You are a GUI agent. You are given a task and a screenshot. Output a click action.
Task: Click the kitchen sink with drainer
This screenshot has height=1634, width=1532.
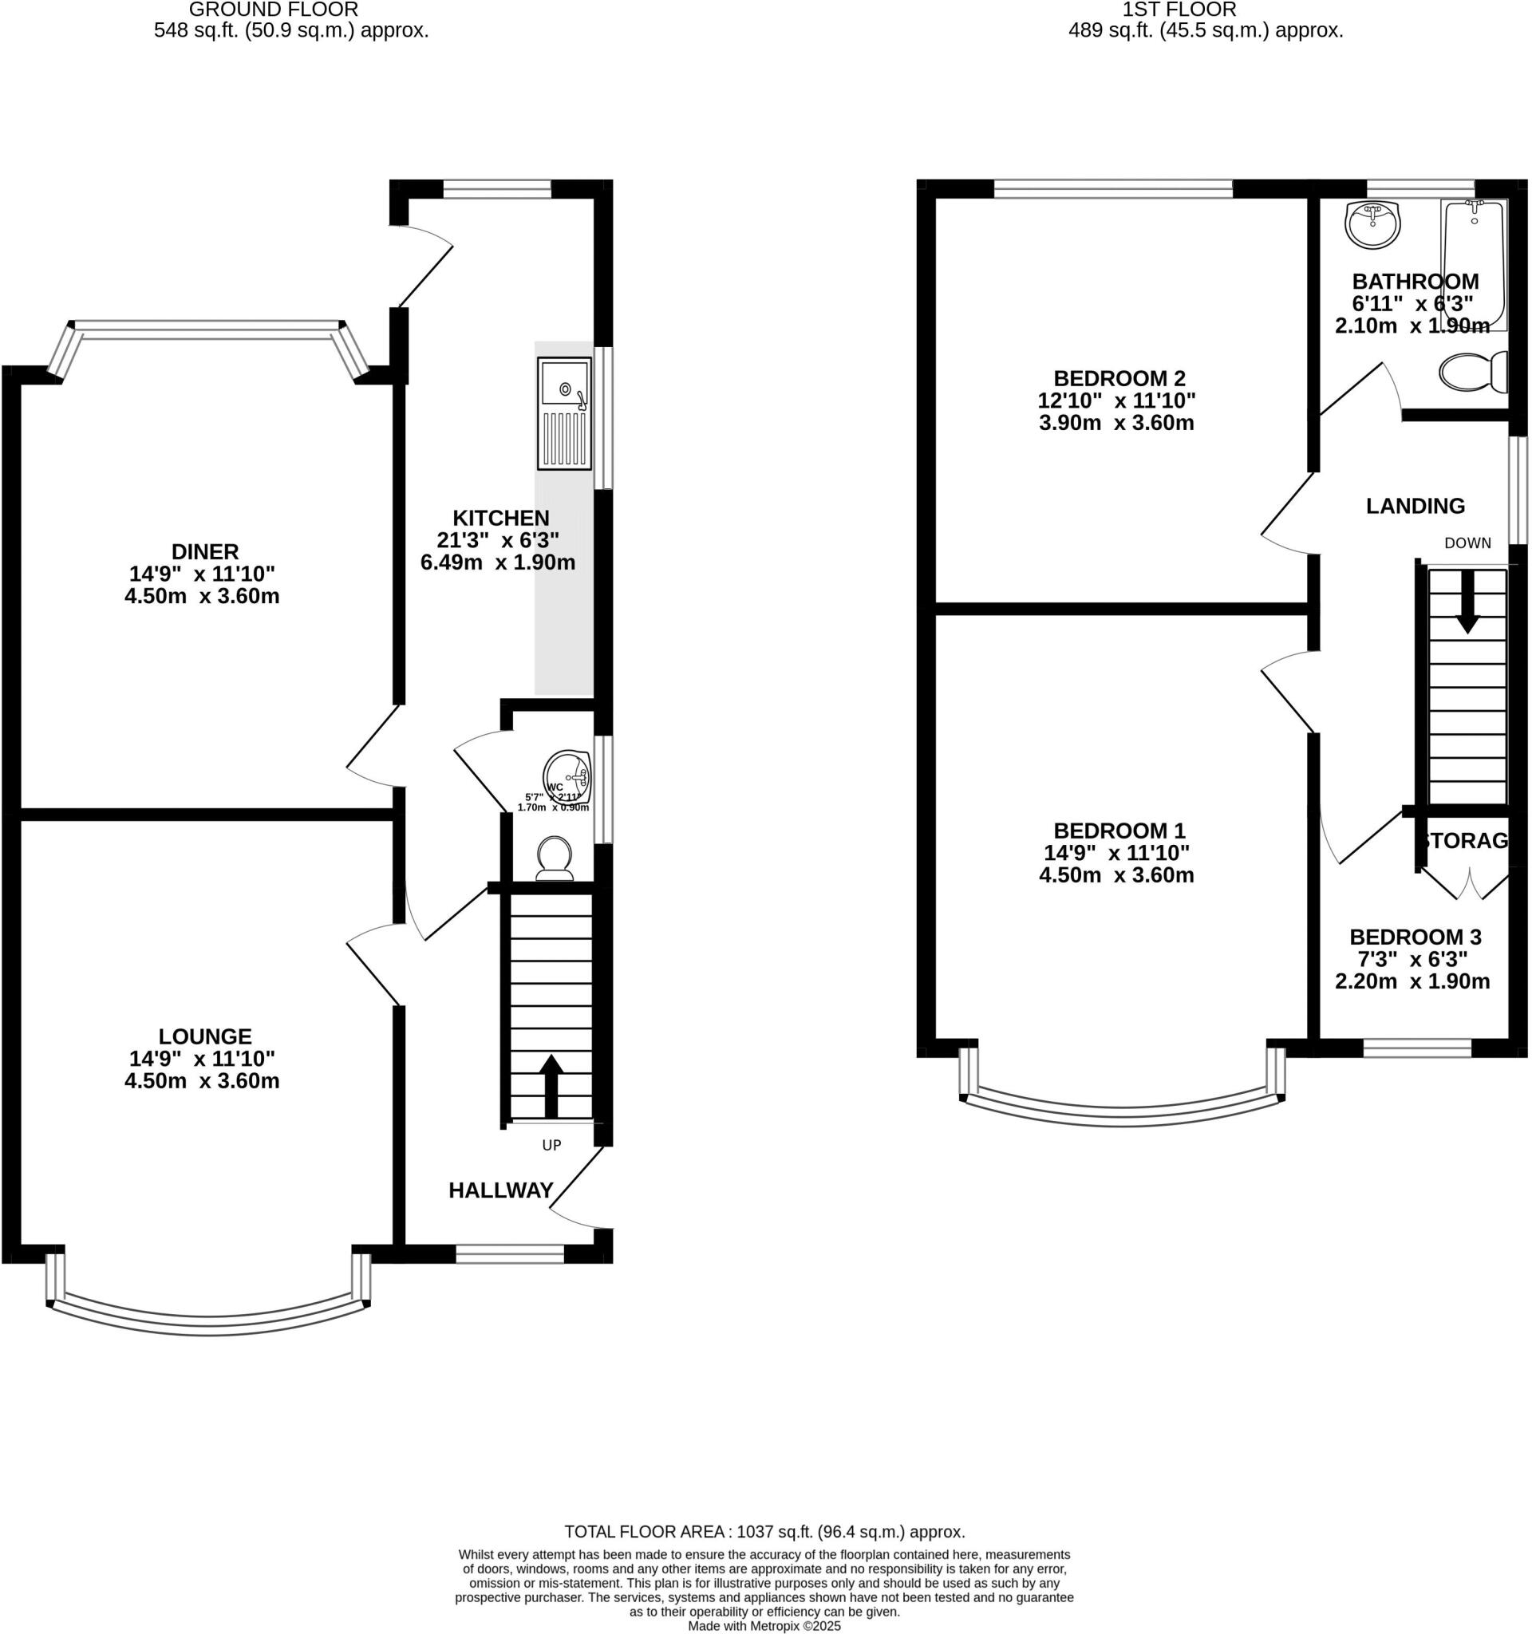point(564,412)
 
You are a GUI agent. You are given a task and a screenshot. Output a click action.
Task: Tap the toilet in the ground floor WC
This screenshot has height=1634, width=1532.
point(554,858)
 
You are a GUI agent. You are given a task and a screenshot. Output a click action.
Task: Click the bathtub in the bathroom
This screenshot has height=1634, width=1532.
point(1474,264)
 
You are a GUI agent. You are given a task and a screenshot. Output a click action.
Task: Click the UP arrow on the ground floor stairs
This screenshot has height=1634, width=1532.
point(551,1086)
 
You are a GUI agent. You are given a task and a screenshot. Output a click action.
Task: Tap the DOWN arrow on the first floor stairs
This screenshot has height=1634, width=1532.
point(1467,602)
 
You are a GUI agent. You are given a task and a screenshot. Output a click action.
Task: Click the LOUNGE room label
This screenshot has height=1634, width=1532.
point(206,1036)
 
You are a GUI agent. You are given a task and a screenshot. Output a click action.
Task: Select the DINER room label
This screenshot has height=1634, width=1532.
point(206,551)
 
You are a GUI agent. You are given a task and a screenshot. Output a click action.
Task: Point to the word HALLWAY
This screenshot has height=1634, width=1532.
point(500,1190)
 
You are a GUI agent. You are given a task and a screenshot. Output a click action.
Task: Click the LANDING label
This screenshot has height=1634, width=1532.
point(1416,507)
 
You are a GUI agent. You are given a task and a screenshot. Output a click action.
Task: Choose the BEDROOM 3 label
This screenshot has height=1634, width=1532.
point(1416,937)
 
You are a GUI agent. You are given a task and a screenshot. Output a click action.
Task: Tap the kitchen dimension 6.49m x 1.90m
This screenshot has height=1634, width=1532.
point(498,563)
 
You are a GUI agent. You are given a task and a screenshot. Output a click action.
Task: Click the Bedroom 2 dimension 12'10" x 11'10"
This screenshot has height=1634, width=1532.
point(1116,401)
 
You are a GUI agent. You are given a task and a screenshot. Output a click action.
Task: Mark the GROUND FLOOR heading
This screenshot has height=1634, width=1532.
point(274,10)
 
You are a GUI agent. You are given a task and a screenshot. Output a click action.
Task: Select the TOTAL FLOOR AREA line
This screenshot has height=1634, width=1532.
point(764,1531)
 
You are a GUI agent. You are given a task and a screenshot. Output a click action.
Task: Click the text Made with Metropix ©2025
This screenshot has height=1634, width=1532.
point(764,1626)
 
